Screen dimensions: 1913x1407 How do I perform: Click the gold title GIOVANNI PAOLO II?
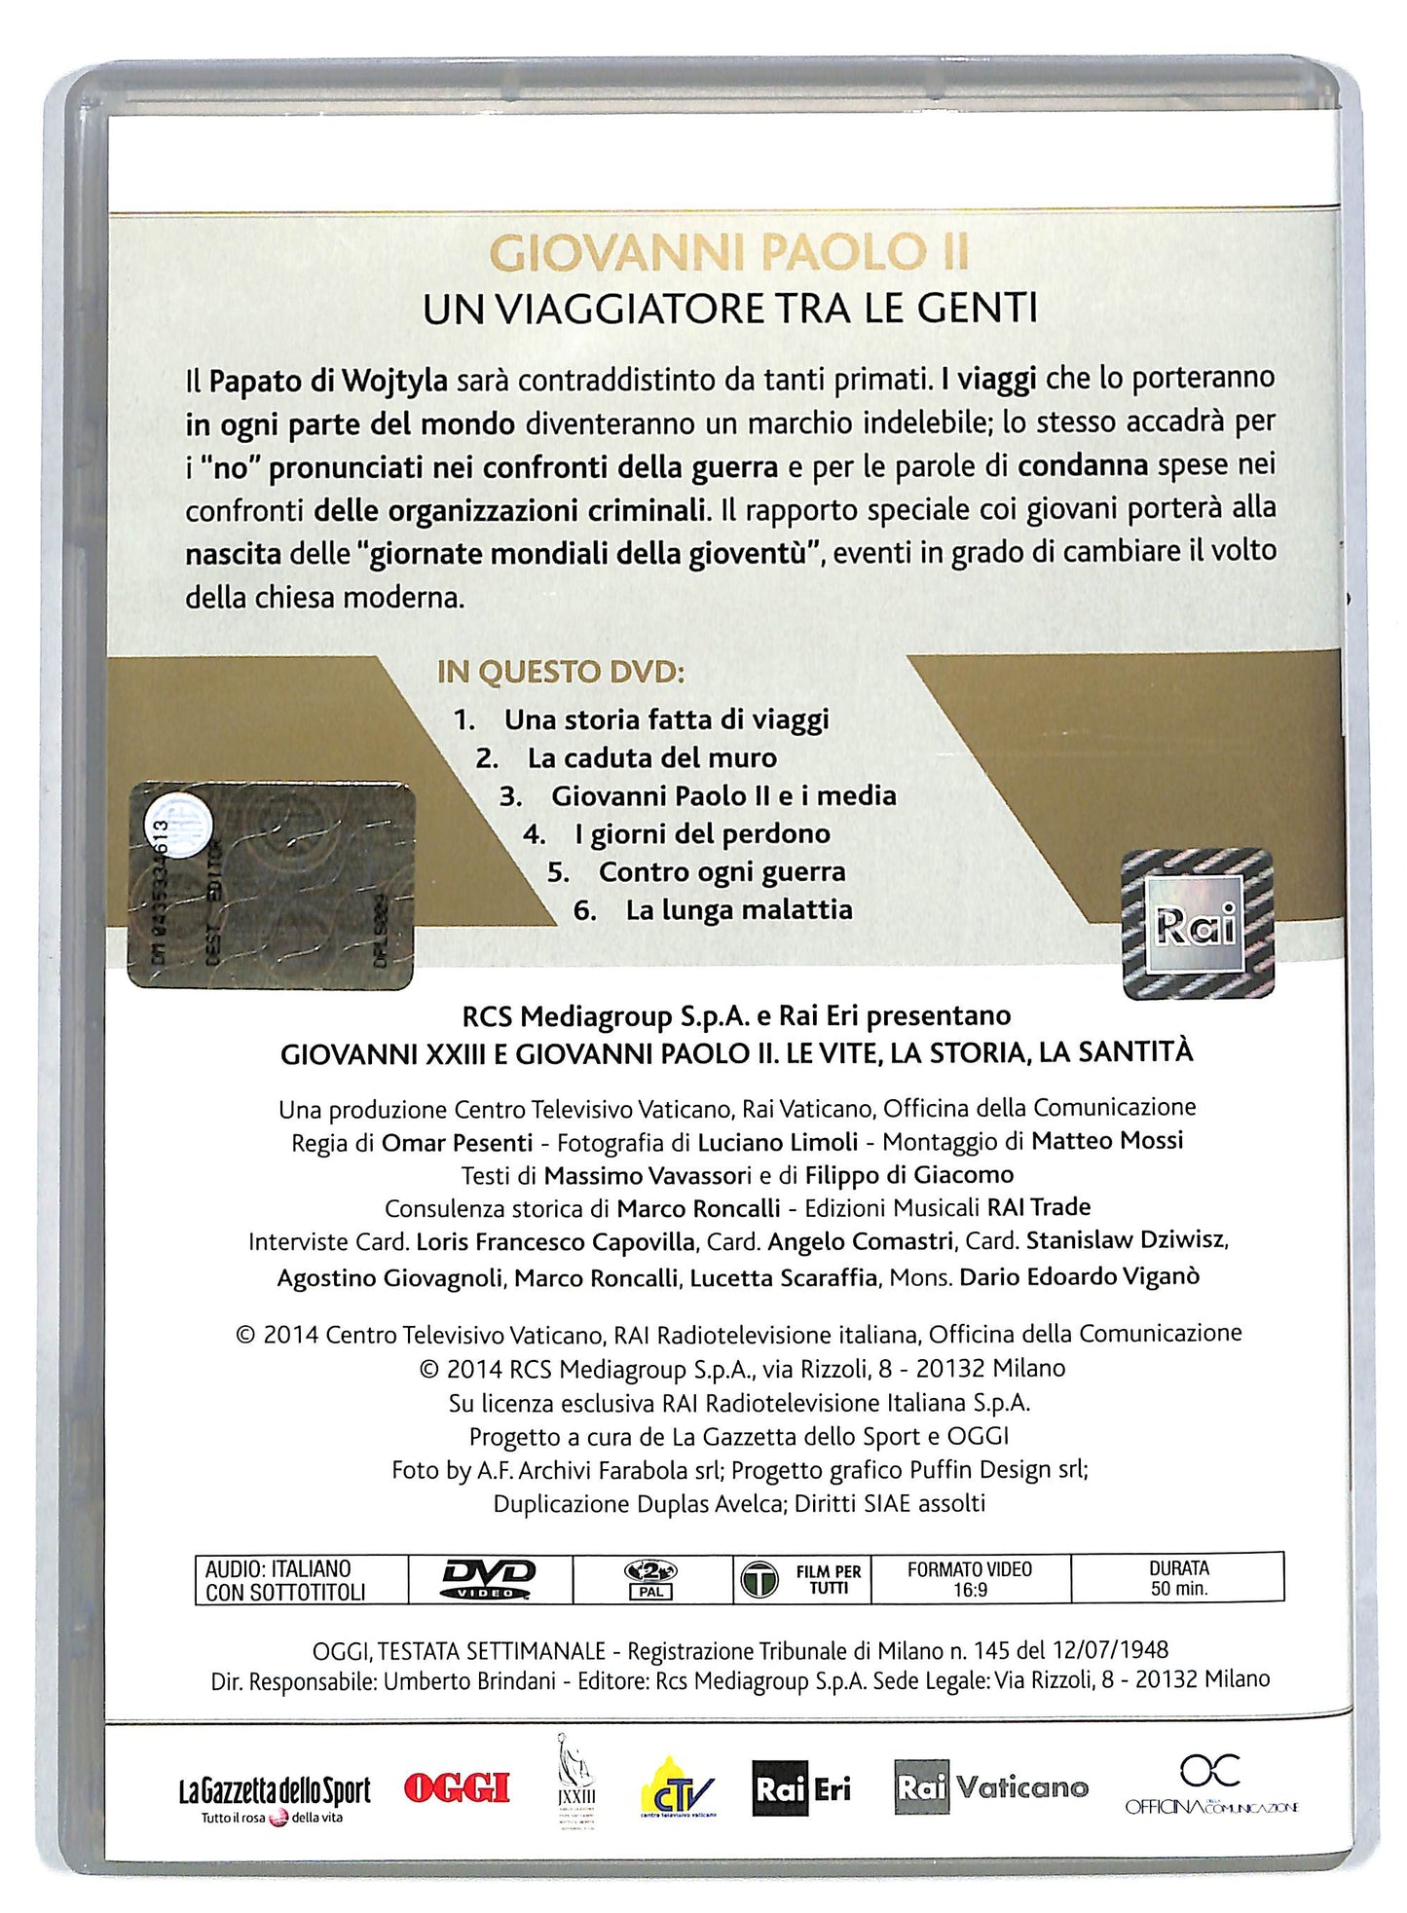click(728, 254)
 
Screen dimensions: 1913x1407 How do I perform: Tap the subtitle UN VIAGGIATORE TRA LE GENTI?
click(729, 311)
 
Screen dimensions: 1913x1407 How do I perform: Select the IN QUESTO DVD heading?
click(561, 673)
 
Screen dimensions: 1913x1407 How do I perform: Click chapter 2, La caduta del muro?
click(651, 758)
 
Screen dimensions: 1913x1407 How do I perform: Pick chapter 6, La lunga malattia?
click(738, 910)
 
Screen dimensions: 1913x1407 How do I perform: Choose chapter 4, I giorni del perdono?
click(701, 834)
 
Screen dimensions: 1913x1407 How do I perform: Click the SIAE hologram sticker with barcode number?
click(272, 885)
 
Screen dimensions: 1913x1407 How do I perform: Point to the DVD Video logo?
click(489, 1578)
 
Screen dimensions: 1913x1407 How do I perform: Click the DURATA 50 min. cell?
click(1178, 1578)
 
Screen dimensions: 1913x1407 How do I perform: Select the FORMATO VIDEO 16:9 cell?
click(970, 1578)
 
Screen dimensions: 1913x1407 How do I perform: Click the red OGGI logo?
click(457, 1788)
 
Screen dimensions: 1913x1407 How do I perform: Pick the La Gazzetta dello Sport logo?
click(274, 1794)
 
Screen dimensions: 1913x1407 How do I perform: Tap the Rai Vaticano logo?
click(991, 1787)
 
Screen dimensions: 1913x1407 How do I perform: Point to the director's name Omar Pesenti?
click(457, 1143)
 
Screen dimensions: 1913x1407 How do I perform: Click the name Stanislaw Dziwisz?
click(1126, 1241)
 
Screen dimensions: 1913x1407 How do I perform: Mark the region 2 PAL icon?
click(651, 1578)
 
